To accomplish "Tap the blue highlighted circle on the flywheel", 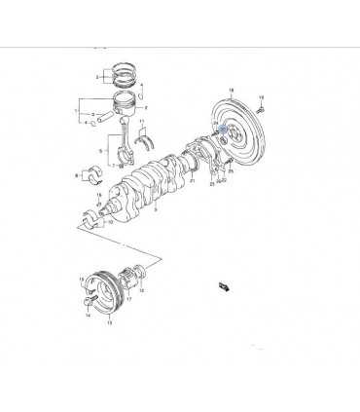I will (x=225, y=130).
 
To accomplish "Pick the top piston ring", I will (x=122, y=70).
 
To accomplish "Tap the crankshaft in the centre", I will (x=156, y=180).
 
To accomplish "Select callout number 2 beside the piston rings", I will (x=97, y=77).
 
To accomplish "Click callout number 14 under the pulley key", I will (x=86, y=316).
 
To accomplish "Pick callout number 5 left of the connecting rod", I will (x=98, y=150).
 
